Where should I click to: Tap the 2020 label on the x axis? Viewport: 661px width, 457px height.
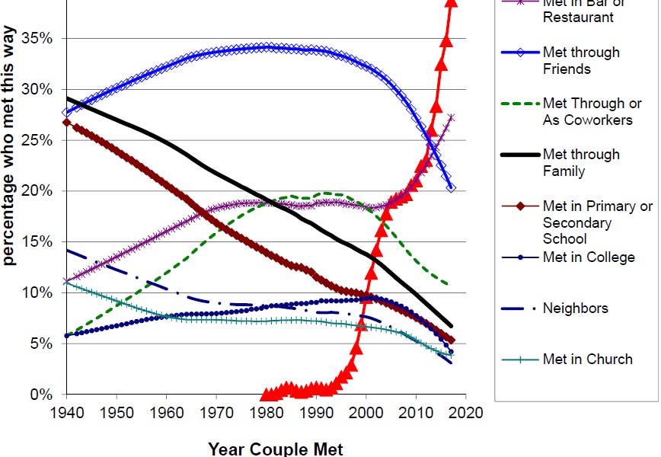pyautogui.click(x=466, y=413)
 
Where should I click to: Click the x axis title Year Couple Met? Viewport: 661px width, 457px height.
pyautogui.click(x=267, y=449)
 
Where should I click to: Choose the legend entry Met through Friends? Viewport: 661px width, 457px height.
pyautogui.click(x=581, y=60)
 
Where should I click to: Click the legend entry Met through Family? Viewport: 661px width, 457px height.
pyautogui.click(x=581, y=162)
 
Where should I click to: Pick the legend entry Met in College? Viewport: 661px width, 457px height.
pyautogui.click(x=589, y=257)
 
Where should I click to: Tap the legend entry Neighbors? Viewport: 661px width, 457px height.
pyautogui.click(x=575, y=308)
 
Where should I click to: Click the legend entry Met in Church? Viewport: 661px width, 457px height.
pyautogui.click(x=587, y=359)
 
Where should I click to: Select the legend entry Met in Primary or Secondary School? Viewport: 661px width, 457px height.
pyautogui.click(x=597, y=222)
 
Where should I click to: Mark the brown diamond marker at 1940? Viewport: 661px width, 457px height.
pyautogui.click(x=66, y=122)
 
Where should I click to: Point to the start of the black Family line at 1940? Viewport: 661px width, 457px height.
pyautogui.click(x=67, y=97)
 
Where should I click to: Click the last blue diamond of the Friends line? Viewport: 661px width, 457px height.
pyautogui.click(x=452, y=187)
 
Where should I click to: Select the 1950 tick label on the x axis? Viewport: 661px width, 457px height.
pyautogui.click(x=117, y=413)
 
